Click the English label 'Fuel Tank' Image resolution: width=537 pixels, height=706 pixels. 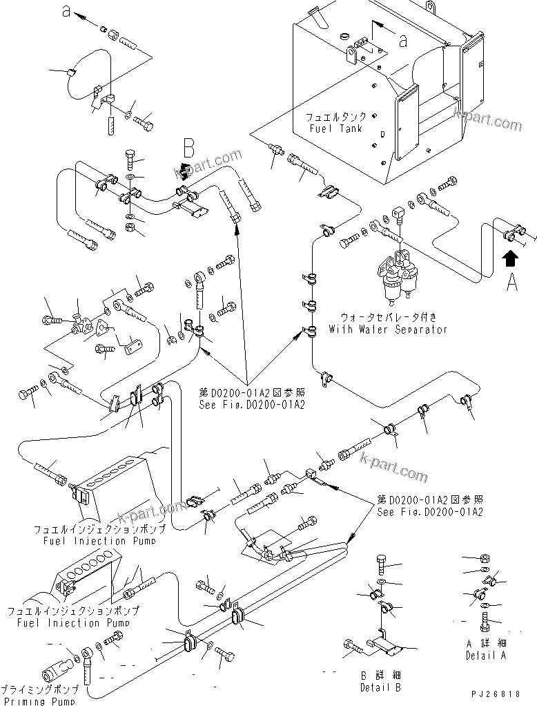point(337,128)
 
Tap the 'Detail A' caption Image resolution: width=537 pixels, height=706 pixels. point(486,653)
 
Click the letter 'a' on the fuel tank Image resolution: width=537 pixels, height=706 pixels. point(403,41)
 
